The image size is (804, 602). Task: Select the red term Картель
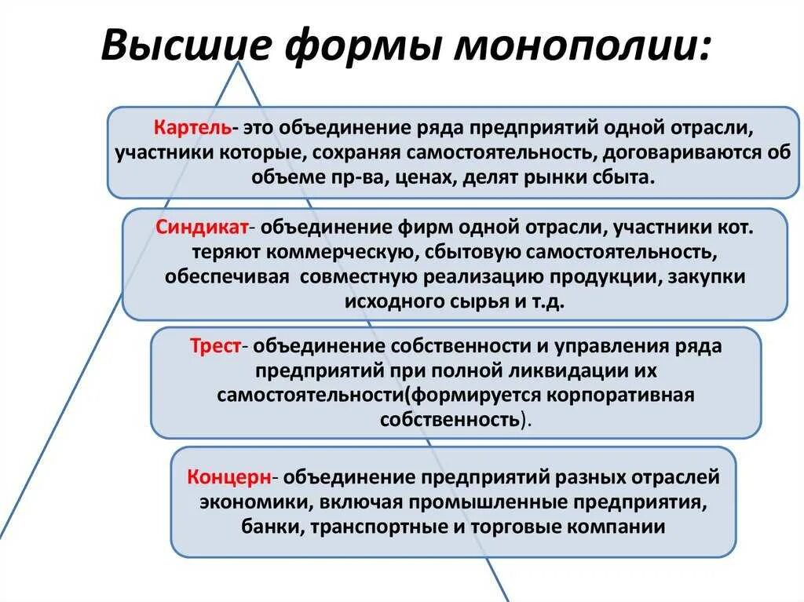click(192, 127)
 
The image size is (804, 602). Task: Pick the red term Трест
click(214, 346)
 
